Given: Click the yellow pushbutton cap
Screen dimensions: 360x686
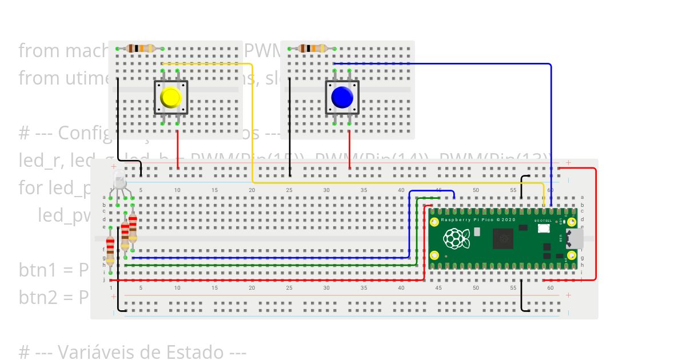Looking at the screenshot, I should click(170, 98).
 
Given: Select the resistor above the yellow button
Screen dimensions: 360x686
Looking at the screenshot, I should click(140, 49).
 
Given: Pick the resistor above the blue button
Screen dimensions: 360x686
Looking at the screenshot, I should click(312, 49).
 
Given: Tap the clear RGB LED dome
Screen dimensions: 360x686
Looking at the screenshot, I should click(119, 181).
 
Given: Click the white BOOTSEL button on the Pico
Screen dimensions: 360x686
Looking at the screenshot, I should click(543, 229).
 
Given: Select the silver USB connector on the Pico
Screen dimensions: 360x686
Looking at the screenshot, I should click(575, 239).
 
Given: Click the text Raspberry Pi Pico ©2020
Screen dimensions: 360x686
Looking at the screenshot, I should click(477, 220).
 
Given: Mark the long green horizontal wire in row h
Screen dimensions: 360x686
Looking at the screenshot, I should click(269, 265).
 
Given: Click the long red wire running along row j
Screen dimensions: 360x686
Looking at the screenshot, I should click(263, 280).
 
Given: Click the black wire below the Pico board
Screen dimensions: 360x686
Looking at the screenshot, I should click(522, 296).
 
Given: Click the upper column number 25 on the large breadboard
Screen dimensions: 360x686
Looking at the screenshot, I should click(289, 190).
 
